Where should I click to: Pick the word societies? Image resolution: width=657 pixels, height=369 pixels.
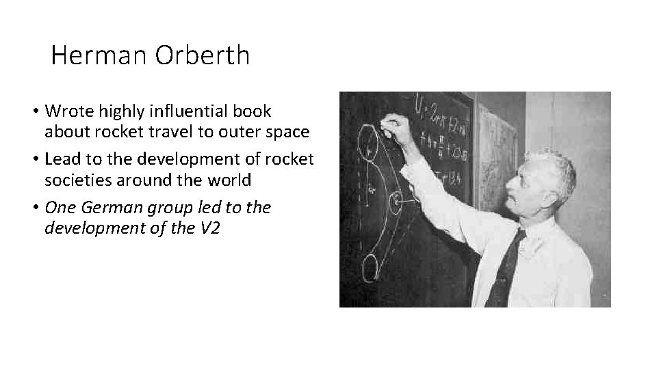75,180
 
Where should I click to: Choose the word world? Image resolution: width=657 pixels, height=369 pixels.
229,180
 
